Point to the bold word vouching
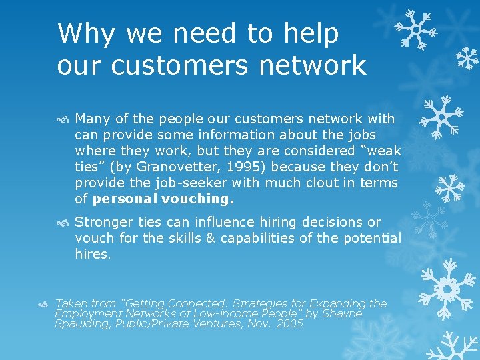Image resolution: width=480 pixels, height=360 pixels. [199, 199]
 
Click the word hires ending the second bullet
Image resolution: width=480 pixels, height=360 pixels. [93, 254]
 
